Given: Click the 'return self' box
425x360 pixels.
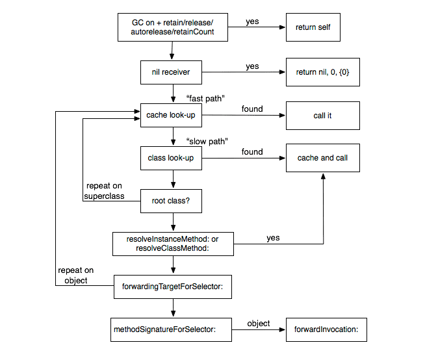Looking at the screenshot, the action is coord(313,27).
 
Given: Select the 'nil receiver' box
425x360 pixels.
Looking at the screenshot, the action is coord(171,72).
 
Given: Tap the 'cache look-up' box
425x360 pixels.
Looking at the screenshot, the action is coord(171,115).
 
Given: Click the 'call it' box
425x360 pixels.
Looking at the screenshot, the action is coord(323,116).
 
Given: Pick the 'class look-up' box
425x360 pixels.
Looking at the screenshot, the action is coord(171,158).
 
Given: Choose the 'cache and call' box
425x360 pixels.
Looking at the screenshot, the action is coord(323,158).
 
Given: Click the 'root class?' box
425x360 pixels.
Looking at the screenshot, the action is coord(171,201).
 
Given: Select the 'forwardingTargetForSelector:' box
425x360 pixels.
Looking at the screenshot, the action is coord(173,287).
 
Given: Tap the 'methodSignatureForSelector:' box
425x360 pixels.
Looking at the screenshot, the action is coord(171,329).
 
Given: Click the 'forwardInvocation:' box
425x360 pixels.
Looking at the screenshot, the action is coord(326,329).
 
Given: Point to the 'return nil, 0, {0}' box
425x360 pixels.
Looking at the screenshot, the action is coord(323,72).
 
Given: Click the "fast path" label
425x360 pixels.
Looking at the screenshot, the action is coord(205,98).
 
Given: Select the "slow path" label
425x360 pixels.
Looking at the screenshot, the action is coord(207,141).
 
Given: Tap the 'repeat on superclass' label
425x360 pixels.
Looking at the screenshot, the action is coord(104,191).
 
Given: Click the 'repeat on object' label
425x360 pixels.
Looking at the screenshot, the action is coord(76,275).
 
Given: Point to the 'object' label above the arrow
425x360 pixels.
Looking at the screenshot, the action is coord(258,324).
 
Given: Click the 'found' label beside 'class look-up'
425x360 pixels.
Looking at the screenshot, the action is coord(252,152).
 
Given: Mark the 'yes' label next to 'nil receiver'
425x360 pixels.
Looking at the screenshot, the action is coord(252,66).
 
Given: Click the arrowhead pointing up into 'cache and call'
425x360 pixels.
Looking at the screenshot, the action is coord(323,177).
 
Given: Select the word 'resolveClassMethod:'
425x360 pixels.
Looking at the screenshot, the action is coord(172,248).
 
